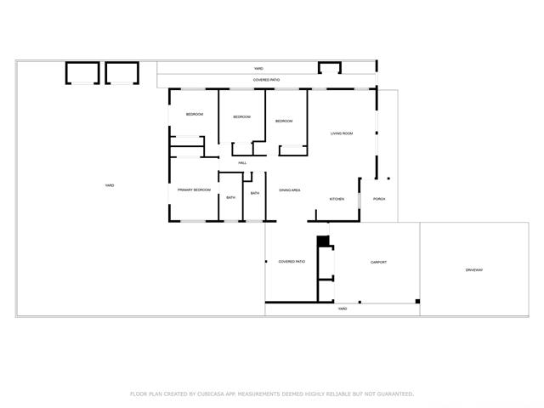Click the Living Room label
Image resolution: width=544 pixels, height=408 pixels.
[x=342, y=133]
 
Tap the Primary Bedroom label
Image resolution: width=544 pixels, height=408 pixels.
[x=195, y=190]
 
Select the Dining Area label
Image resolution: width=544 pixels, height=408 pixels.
[x=290, y=190]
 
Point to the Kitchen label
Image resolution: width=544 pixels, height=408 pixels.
[x=337, y=199]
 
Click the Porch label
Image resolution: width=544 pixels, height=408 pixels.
[x=379, y=199]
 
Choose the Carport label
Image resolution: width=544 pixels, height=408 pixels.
[x=378, y=262]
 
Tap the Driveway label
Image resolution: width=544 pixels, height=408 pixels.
[x=474, y=269]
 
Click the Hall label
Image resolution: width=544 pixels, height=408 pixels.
[x=242, y=162]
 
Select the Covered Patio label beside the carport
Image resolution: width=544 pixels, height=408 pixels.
[x=292, y=261]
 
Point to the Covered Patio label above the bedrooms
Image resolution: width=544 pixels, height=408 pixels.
[x=266, y=80]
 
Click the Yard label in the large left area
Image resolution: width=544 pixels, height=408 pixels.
[x=110, y=185]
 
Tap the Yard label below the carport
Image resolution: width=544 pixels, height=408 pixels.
[x=343, y=309]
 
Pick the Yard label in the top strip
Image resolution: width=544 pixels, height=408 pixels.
[x=258, y=68]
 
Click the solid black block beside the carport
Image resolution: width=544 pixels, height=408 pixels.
[x=323, y=241]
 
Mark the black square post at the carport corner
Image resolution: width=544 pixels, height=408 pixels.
[x=417, y=301]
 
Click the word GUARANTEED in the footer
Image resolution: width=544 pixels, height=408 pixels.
[x=395, y=394]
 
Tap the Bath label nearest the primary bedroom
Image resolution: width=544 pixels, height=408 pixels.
[x=230, y=197]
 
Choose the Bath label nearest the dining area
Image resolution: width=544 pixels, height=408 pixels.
[x=255, y=193]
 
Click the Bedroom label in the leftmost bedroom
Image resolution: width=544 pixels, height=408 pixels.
[x=195, y=114]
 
